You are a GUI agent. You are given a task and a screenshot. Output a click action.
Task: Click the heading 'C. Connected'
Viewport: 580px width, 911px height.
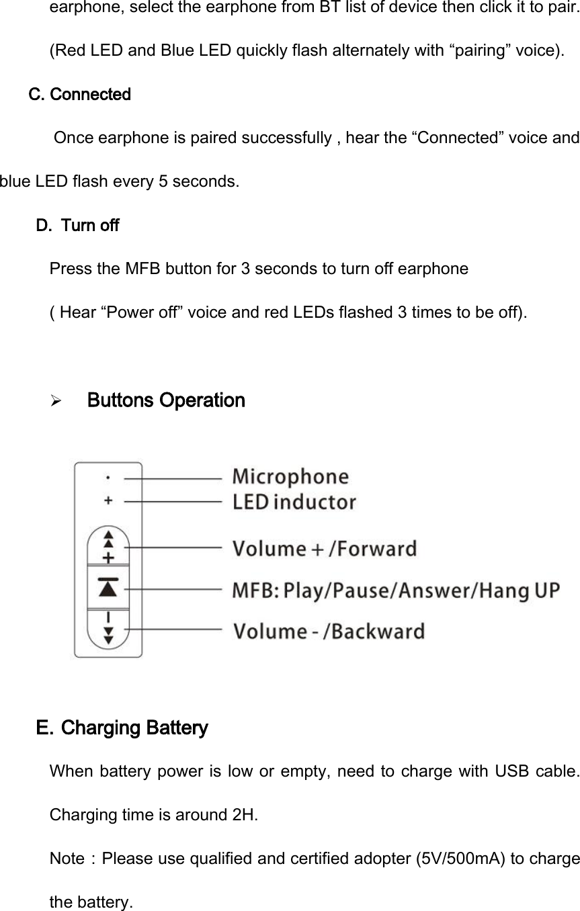[x=80, y=94]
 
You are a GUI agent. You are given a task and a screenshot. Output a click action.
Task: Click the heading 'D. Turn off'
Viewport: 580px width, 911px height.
[x=77, y=225]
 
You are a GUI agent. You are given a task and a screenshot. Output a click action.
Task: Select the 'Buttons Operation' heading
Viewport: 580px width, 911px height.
[x=166, y=401]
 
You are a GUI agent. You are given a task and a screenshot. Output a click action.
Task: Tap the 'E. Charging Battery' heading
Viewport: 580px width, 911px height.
[x=122, y=728]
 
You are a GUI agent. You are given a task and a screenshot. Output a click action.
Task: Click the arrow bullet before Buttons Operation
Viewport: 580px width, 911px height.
[x=56, y=402]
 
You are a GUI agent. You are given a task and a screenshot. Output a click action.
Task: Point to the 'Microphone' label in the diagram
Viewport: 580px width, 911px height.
[x=290, y=477]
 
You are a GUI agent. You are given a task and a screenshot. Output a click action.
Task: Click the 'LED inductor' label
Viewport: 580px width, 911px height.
[x=294, y=502]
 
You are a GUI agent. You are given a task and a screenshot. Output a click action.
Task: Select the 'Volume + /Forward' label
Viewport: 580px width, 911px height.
[x=324, y=548]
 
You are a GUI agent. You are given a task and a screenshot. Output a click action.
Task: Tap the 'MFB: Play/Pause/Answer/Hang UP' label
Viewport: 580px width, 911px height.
[x=396, y=591]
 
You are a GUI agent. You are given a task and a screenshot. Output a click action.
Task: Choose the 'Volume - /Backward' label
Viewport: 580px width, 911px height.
[x=328, y=632]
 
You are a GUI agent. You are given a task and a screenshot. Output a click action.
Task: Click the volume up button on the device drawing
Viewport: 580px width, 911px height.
[x=108, y=547]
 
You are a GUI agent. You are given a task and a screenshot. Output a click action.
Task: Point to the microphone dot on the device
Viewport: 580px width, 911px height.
[x=109, y=478]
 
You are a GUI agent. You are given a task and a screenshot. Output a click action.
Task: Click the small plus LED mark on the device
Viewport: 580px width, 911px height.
[x=109, y=501]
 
